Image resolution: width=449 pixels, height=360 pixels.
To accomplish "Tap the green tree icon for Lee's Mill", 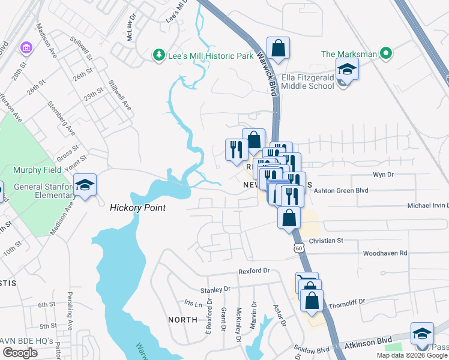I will tap(159, 55).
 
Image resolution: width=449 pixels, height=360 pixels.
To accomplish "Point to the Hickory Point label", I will tap(137, 208).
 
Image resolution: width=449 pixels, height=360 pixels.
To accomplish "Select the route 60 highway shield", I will tap(298, 247).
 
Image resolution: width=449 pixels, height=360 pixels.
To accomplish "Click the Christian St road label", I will tap(325, 241).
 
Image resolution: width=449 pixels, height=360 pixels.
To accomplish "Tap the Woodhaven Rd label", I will tap(385, 253).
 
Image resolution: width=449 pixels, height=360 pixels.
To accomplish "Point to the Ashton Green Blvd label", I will tap(340, 189).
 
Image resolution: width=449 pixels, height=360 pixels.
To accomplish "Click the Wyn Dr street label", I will tap(383, 175).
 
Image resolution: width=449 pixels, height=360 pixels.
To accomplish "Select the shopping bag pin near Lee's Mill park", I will tap(278, 48).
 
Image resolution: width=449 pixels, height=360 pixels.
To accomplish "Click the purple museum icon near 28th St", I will tap(25, 47).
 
